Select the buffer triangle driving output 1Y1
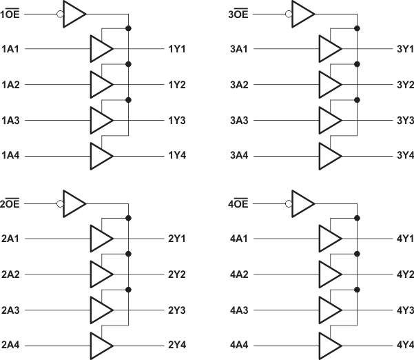(x=101, y=49)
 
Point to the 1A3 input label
(x=10, y=121)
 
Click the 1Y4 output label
(x=177, y=157)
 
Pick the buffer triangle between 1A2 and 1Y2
(x=101, y=85)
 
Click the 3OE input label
(x=239, y=14)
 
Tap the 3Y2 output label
(x=405, y=85)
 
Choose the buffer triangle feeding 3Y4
(x=329, y=157)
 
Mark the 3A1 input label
(x=239, y=49)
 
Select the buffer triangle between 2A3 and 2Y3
(x=101, y=310)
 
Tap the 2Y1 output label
(x=177, y=239)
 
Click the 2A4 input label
(x=10, y=345)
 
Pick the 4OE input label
(x=239, y=203)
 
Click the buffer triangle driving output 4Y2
(x=329, y=274)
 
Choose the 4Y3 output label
(x=405, y=310)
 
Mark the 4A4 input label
(x=239, y=345)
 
